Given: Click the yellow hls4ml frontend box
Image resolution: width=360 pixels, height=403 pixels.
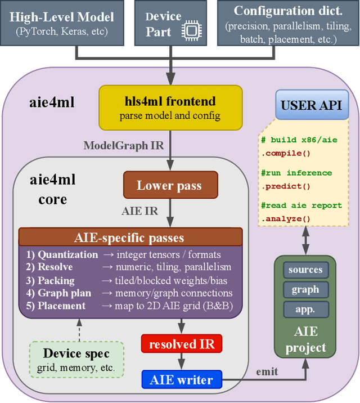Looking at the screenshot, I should point(171,107).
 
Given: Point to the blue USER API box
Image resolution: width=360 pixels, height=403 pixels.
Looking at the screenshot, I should point(311,105).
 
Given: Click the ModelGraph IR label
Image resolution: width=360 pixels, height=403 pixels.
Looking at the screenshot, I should point(124,145).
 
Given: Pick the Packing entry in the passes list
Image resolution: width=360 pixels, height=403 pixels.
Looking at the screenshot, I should point(56,280).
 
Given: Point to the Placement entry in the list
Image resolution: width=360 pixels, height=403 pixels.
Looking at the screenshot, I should point(61,306).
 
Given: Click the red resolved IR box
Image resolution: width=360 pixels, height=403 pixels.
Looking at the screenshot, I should point(181,343).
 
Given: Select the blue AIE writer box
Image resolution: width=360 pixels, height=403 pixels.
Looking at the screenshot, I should point(181,380).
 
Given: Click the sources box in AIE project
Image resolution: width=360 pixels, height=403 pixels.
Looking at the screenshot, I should point(305,270).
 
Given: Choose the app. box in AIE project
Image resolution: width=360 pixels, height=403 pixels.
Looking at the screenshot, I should point(305,308).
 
